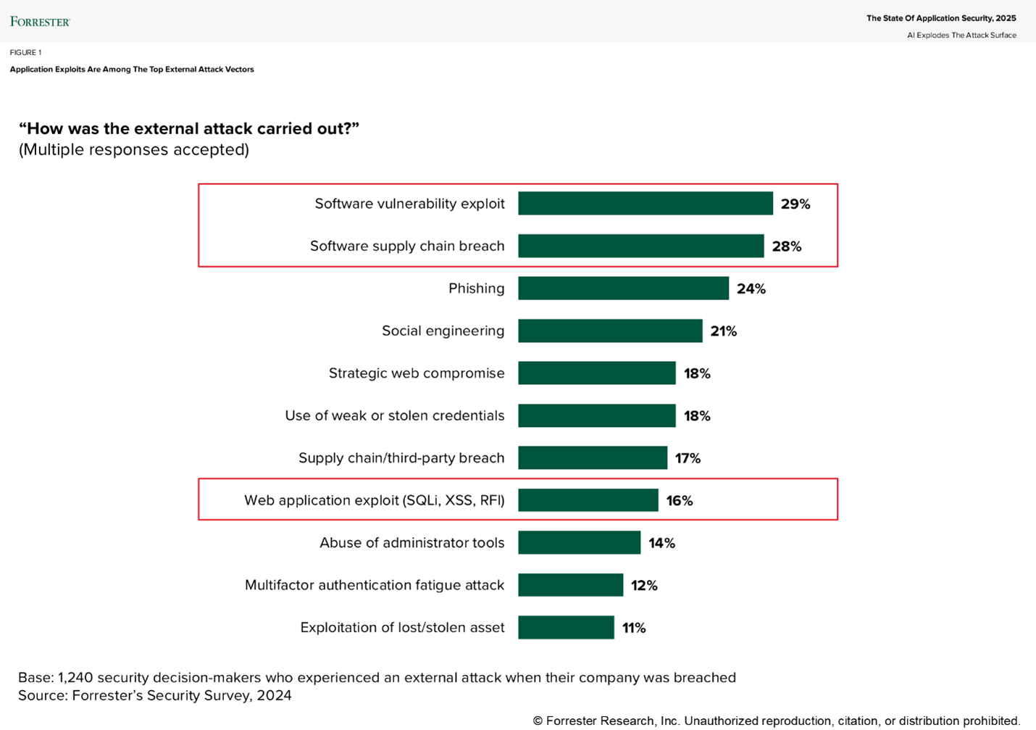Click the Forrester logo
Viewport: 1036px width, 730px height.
point(40,22)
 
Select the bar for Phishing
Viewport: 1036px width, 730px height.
point(623,289)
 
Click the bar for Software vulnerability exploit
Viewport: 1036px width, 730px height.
point(645,204)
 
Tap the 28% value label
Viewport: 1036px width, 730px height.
point(786,246)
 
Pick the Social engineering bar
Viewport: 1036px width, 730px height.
point(610,331)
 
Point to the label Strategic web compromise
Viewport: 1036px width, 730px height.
point(417,373)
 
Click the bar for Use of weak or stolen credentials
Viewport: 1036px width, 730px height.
point(596,415)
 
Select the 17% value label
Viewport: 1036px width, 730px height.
point(688,458)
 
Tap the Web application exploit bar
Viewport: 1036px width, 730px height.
point(588,500)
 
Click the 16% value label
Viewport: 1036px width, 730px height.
point(679,501)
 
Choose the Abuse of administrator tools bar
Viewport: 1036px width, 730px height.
point(579,543)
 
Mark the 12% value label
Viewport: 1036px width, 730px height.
point(644,586)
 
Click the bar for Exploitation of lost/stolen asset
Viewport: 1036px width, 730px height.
point(566,628)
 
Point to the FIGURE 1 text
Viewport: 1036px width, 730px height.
point(25,52)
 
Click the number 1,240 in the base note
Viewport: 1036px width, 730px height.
point(75,678)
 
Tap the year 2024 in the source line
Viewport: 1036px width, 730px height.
point(275,696)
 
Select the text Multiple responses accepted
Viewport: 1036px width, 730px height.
point(133,150)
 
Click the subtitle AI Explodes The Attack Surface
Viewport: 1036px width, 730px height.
point(961,35)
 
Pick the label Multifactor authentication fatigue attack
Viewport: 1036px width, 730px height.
point(375,585)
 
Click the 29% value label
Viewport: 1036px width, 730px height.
point(795,204)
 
